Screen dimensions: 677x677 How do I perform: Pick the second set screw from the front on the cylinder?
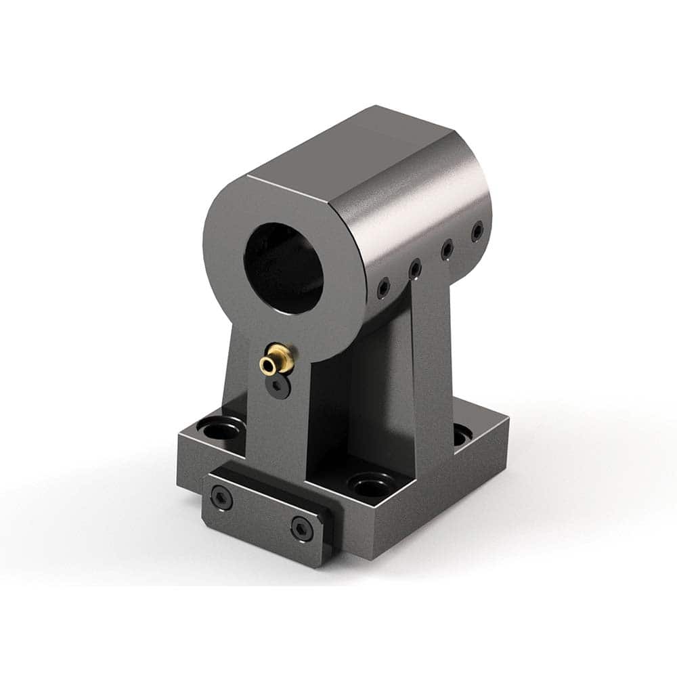[414, 270]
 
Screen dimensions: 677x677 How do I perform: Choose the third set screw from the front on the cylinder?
[447, 250]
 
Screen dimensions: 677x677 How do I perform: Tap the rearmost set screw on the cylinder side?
[478, 231]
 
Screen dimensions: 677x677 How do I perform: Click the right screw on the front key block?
[301, 528]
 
